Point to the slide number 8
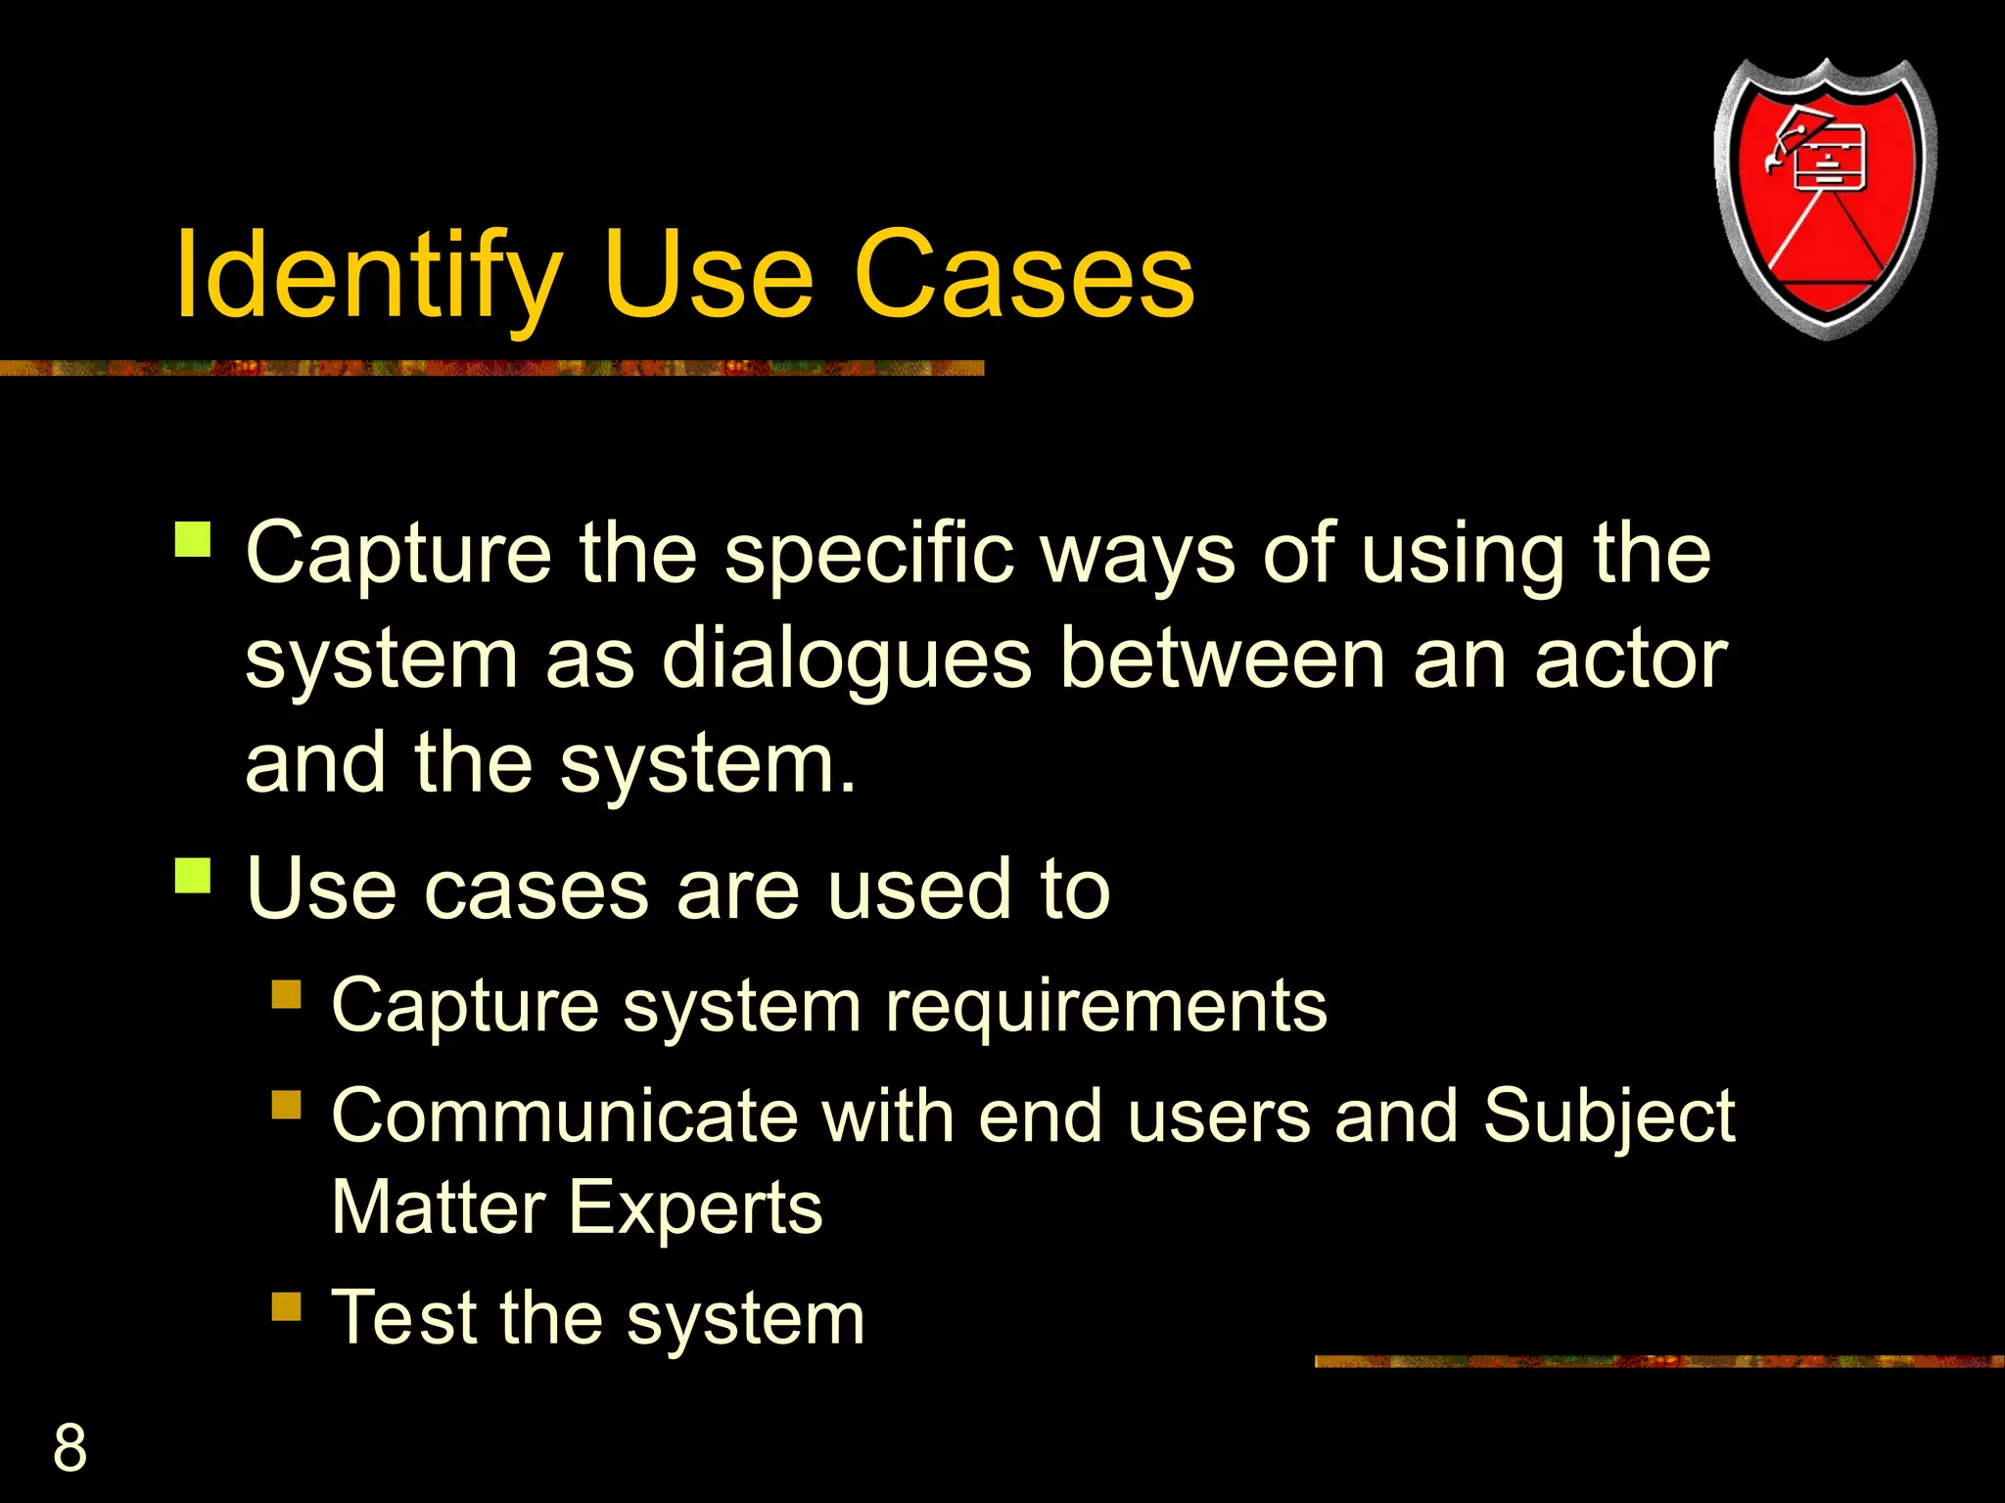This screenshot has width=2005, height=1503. [x=70, y=1447]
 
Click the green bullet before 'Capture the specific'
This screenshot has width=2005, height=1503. [x=193, y=539]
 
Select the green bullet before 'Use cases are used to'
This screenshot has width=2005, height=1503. [x=193, y=875]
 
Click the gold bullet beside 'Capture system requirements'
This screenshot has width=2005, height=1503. [x=286, y=994]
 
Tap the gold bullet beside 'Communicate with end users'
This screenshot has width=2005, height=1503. [x=286, y=1105]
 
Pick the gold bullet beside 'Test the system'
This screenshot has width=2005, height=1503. [x=286, y=1306]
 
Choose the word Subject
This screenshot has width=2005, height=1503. [x=1609, y=1117]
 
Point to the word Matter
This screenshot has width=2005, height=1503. [x=439, y=1207]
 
